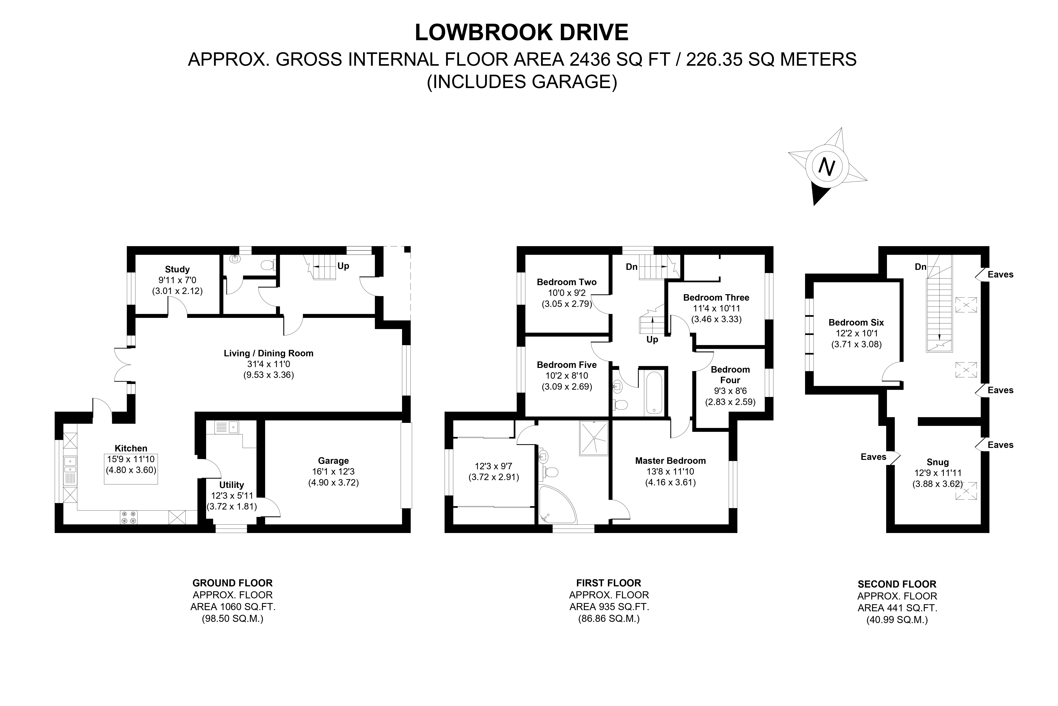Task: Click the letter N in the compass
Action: click(827, 167)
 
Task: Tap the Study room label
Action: click(177, 269)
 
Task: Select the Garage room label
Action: click(333, 461)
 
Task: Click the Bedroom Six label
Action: click(856, 322)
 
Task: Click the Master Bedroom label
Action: click(670, 461)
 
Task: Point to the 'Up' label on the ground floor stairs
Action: click(343, 266)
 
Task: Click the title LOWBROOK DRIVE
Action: click(521, 32)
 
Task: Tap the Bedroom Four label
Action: click(730, 375)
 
